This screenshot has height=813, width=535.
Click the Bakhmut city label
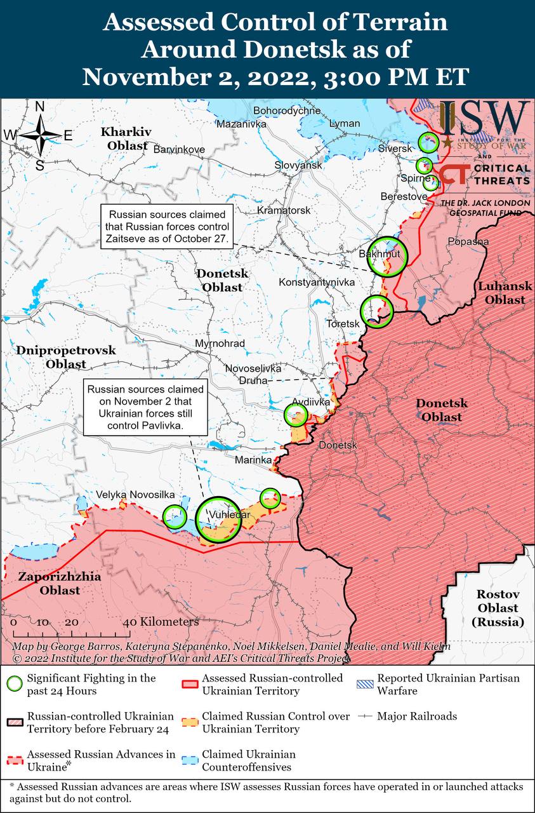pyautogui.click(x=379, y=254)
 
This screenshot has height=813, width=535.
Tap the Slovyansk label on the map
pyautogui.click(x=298, y=165)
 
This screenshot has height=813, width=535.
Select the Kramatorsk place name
pyautogui.click(x=284, y=210)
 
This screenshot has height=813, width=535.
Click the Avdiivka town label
pyautogui.click(x=311, y=402)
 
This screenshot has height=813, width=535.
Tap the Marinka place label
pyautogui.click(x=253, y=459)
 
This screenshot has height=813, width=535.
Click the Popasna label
pyautogui.click(x=468, y=241)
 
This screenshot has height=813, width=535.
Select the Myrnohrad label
pyautogui.click(x=220, y=343)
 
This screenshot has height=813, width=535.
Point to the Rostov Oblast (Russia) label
pyautogui.click(x=498, y=608)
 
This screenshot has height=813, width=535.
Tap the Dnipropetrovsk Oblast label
pyautogui.click(x=66, y=357)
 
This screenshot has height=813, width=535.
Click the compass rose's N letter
pyautogui.click(x=39, y=107)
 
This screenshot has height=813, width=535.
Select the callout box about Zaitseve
pyautogui.click(x=168, y=225)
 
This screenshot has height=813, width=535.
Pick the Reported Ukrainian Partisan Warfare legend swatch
pyautogui.click(x=365, y=684)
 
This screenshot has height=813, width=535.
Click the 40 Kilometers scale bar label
pyautogui.click(x=163, y=621)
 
